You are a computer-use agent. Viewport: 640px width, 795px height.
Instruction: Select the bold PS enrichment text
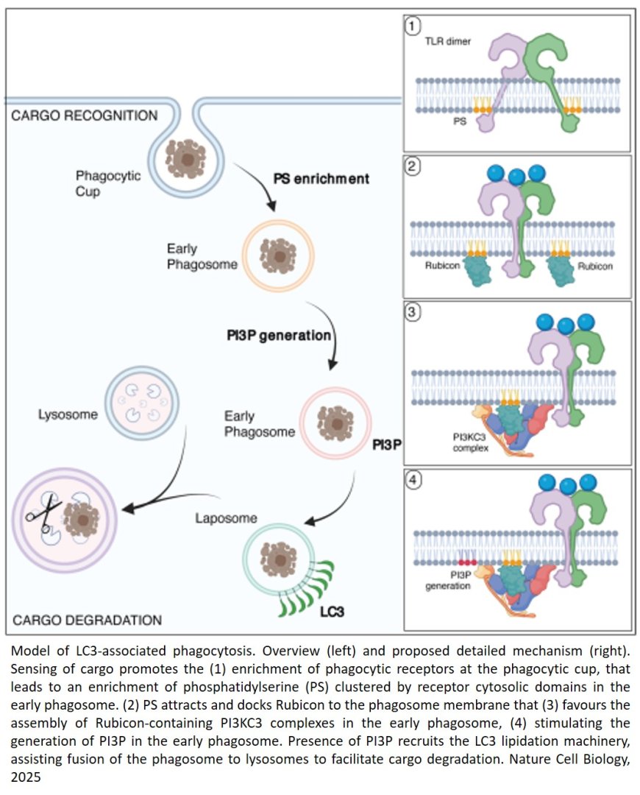(x=321, y=179)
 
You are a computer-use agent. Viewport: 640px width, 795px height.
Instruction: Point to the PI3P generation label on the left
(x=278, y=335)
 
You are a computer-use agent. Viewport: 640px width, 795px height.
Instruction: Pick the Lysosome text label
(x=68, y=414)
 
